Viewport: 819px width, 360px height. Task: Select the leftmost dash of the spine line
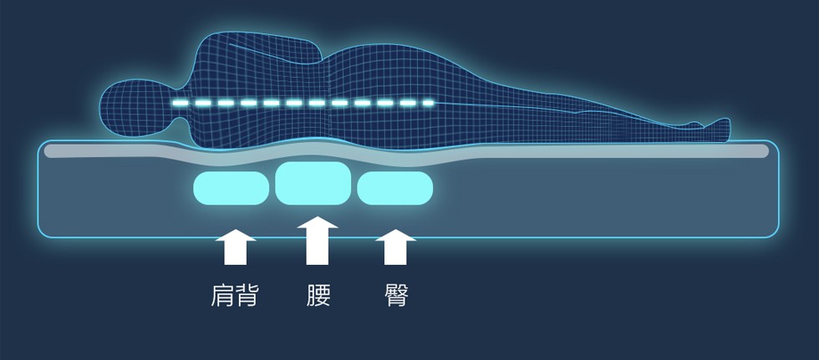(181, 104)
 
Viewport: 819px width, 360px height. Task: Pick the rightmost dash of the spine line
(428, 104)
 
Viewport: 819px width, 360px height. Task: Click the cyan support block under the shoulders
(231, 188)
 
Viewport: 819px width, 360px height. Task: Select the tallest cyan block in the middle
(313, 183)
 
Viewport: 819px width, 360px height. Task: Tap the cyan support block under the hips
(394, 188)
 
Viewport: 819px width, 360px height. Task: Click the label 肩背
(235, 296)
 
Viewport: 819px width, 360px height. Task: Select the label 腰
(318, 296)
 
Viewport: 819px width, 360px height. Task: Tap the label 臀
(396, 296)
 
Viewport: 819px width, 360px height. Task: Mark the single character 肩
(222, 296)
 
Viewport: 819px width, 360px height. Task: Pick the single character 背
(247, 296)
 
